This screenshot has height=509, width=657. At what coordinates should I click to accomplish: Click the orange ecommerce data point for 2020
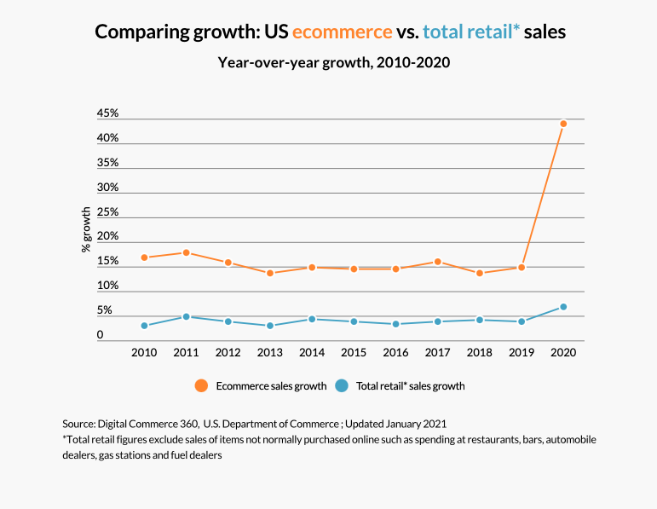563,124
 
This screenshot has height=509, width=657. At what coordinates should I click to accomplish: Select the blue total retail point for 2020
563,307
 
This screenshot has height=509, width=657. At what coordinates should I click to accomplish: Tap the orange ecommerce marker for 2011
186,252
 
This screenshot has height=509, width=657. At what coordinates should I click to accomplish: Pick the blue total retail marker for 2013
270,326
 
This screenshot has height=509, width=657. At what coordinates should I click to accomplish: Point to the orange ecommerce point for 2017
438,262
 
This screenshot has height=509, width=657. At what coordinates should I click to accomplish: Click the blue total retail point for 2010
144,326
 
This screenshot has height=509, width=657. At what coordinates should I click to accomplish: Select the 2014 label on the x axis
312,351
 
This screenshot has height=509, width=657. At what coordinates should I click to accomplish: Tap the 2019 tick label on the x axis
522,351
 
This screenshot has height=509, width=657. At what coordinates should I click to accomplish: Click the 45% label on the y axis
107,113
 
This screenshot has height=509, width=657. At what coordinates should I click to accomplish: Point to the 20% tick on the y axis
107,237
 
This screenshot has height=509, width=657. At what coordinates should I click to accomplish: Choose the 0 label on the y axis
100,335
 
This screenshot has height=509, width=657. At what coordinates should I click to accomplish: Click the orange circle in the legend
201,385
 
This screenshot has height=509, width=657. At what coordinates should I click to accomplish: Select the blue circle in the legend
342,385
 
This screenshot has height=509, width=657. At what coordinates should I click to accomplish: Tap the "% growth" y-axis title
86,229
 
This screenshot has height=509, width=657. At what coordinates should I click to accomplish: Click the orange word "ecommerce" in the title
342,32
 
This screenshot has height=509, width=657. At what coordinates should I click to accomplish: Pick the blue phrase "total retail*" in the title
471,32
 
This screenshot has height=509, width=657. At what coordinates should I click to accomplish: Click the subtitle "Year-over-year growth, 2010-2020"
333,62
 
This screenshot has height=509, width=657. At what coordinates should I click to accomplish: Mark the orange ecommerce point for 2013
270,273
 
